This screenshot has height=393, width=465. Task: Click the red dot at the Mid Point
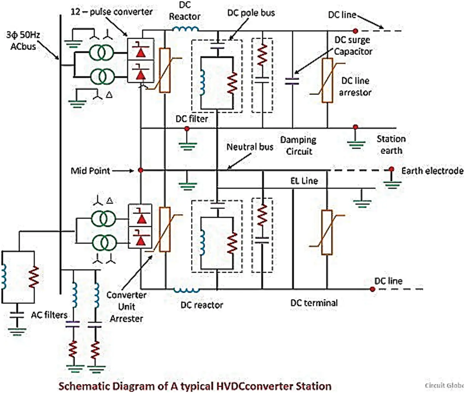(140, 170)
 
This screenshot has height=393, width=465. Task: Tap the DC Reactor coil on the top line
(185, 29)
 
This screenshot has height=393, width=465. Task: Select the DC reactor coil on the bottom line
(186, 290)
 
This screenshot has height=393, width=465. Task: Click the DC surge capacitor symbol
(292, 81)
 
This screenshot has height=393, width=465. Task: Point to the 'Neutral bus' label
(250, 147)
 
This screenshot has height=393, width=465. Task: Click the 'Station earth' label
(391, 145)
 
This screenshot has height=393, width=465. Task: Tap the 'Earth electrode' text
(432, 171)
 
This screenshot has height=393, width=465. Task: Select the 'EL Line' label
(304, 181)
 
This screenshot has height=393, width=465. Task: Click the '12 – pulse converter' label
(112, 12)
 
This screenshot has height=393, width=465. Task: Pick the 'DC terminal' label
(314, 303)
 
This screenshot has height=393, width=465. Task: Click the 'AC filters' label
(49, 315)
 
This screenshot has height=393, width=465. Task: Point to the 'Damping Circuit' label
(298, 146)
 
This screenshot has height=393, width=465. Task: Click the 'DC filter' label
(192, 119)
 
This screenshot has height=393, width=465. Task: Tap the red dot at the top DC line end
(355, 31)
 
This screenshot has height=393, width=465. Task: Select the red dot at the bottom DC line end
(372, 289)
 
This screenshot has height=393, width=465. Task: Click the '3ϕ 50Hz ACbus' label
(23, 41)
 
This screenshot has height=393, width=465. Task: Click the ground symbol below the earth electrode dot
(392, 184)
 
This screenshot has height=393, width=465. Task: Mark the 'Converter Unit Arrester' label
(126, 307)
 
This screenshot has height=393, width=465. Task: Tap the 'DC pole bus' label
(251, 13)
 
